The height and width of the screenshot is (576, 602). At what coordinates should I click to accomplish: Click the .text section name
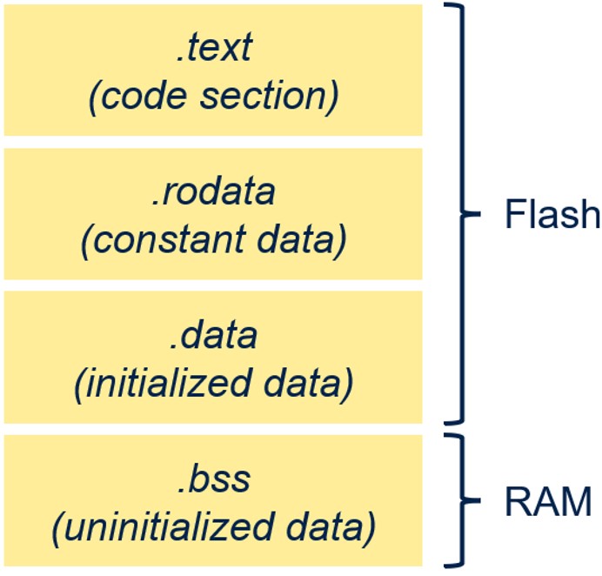point(214,48)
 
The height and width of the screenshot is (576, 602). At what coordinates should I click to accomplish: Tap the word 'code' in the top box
point(144,95)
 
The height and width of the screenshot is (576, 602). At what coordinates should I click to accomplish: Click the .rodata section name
point(213,191)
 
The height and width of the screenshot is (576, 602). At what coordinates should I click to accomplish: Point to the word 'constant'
point(170,239)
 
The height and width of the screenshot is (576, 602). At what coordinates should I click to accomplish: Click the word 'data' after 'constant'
point(295,239)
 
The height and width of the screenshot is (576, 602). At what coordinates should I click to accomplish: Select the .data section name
point(213,335)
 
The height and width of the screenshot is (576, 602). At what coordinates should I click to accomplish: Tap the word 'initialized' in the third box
point(169,383)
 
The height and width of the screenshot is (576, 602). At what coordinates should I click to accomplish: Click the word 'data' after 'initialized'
point(302,383)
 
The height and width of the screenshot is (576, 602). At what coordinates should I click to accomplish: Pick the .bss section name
point(214,479)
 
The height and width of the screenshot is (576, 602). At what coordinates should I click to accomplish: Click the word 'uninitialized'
point(169,526)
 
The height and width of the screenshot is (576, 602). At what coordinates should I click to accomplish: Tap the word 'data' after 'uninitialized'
point(324,526)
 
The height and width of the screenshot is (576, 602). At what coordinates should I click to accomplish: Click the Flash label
point(552,213)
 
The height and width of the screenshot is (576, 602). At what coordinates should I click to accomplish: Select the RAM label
point(548,500)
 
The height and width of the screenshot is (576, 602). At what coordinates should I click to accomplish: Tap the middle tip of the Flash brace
point(480,214)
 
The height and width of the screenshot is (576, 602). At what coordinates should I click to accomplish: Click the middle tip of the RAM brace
point(480,500)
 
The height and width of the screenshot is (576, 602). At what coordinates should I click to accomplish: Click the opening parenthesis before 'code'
point(93,97)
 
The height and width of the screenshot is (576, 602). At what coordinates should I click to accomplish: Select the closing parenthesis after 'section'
point(333,97)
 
